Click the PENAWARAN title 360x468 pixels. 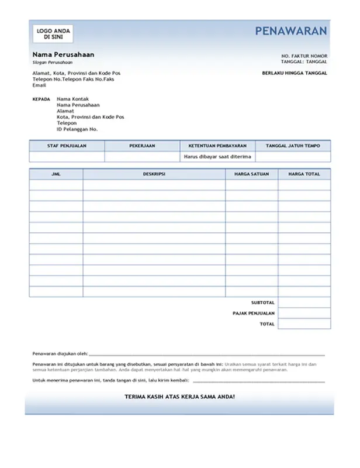[x=290, y=32]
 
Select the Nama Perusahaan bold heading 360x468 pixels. [x=63, y=54]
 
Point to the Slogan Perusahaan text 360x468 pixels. [x=53, y=62]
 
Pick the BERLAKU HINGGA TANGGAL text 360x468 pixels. [x=295, y=73]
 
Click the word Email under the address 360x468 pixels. [x=39, y=85]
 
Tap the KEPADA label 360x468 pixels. [x=41, y=99]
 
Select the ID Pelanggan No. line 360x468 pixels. [x=77, y=129]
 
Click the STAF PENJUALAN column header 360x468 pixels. [x=67, y=146]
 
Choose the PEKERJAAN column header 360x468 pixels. [x=142, y=146]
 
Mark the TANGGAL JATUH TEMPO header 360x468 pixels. [x=293, y=146]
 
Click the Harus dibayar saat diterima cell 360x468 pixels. [x=217, y=157]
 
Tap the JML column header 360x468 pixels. [x=56, y=174]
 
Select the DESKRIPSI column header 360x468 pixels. [x=154, y=174]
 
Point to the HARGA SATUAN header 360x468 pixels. [x=251, y=174]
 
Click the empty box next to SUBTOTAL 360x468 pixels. [x=304, y=302]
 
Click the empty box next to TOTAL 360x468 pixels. [x=304, y=324]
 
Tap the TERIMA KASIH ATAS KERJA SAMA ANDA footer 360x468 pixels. [x=180, y=397]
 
